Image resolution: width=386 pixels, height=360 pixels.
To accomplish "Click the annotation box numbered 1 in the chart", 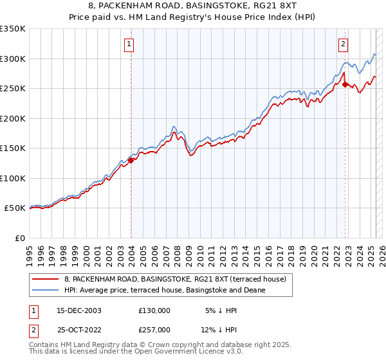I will coord(129,44).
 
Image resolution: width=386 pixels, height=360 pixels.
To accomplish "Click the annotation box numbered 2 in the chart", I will coord(343,44).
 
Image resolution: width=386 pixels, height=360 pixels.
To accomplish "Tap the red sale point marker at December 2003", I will coord(131,161).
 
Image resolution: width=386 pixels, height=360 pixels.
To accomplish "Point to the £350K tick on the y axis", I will coord(13,29).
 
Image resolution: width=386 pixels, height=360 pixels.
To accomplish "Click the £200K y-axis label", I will coord(13,118).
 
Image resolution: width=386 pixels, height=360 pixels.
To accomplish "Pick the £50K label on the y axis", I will coord(15,208).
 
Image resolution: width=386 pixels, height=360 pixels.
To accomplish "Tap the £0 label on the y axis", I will coord(21,238).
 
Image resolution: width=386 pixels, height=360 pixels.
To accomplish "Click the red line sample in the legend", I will coord(46,278).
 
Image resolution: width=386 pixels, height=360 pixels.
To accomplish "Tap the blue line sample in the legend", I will coord(46,290).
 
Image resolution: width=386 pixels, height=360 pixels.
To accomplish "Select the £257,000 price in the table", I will coord(154,330).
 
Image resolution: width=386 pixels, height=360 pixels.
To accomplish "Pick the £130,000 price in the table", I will coord(154,310).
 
